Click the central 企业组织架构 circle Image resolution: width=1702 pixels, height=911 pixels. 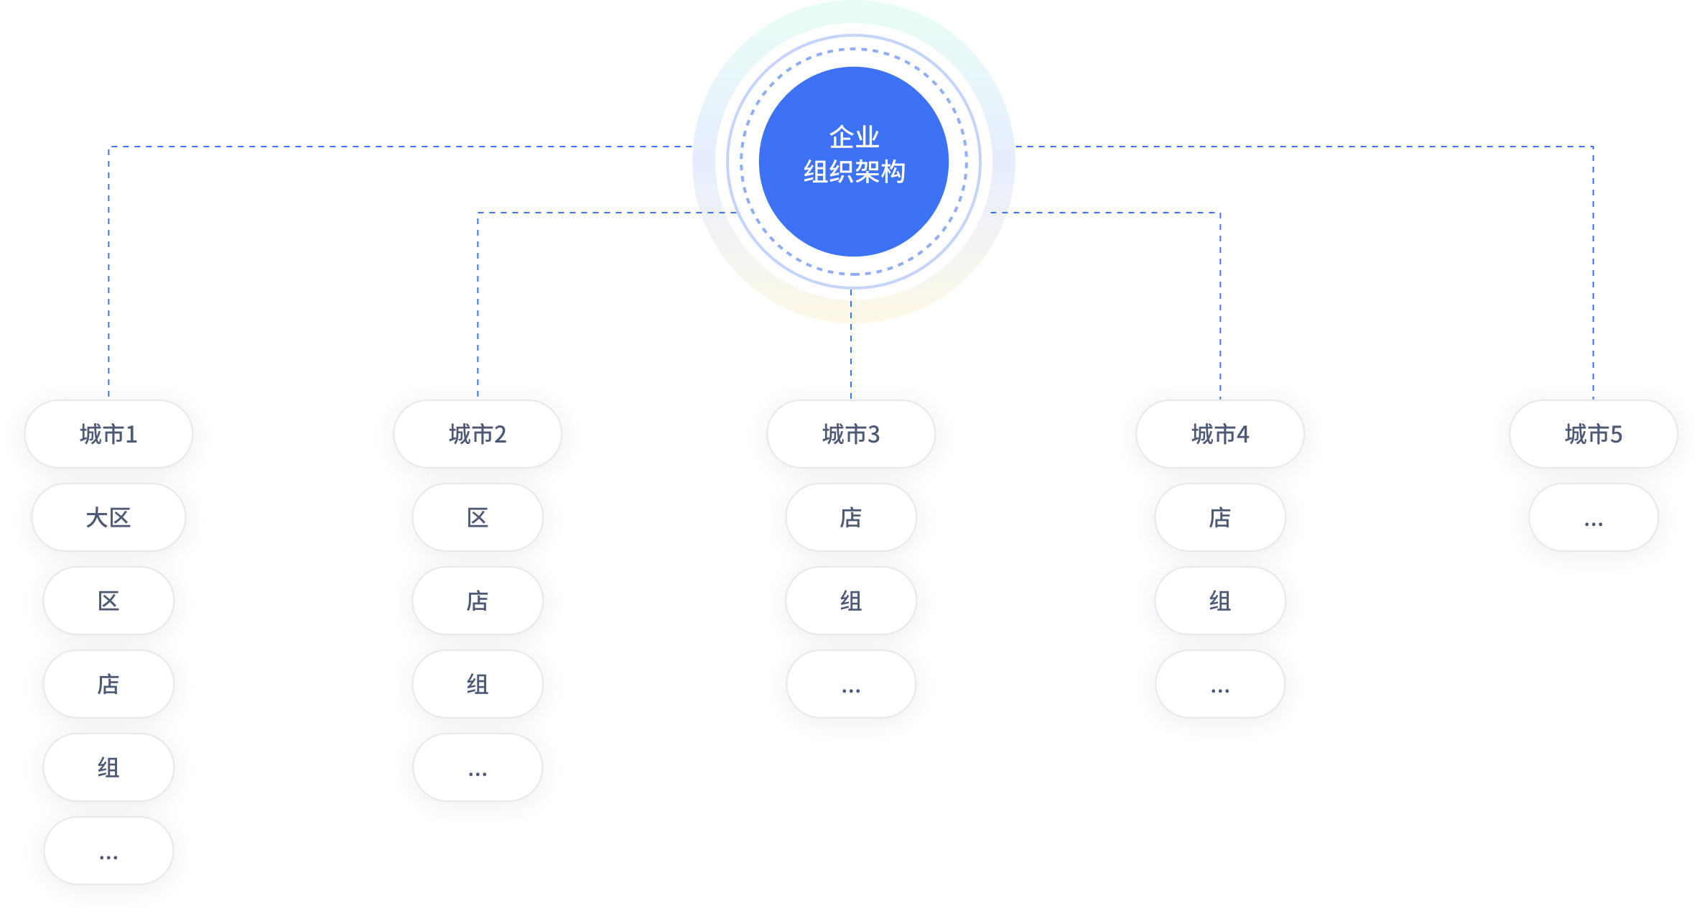coord(853,161)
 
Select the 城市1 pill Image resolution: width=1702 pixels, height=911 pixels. coord(108,434)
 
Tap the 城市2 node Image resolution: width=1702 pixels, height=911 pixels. coord(478,434)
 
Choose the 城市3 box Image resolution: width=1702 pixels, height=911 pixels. coord(851,434)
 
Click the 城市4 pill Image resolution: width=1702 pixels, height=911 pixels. coord(1220,434)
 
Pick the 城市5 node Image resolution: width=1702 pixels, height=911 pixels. coord(1593,434)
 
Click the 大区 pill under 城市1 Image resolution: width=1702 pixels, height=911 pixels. coord(108,517)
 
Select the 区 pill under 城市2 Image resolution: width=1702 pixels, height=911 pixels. coord(478,517)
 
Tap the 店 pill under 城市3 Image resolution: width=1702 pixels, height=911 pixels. coord(851,517)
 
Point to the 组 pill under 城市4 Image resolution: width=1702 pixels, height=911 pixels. coord(1220,601)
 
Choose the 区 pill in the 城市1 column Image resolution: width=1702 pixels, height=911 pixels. coord(108,601)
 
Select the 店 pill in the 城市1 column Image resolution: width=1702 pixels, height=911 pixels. coord(108,684)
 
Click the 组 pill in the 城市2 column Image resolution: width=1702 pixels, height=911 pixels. coord(478,684)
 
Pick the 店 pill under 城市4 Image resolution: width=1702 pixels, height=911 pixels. coord(1220,517)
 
